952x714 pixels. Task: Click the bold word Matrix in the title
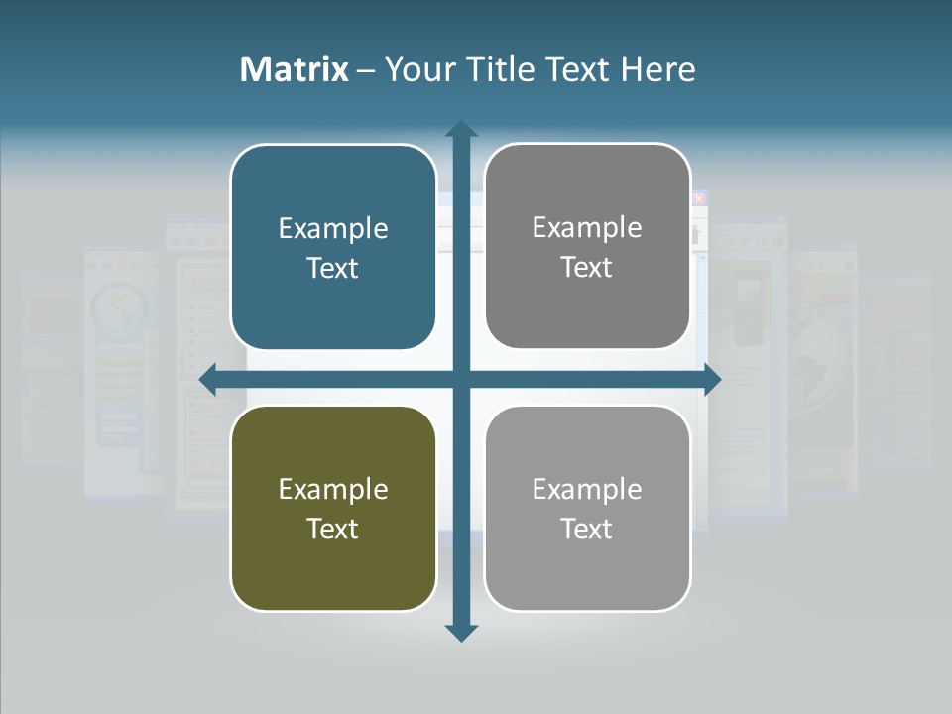pos(295,69)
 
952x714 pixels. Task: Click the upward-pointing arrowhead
pos(461,130)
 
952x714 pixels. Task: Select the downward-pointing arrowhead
pos(461,632)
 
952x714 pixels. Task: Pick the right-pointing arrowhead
pos(711,380)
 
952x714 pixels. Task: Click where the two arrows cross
pos(461,380)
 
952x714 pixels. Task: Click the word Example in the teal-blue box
pos(333,228)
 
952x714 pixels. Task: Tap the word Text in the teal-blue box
pos(333,268)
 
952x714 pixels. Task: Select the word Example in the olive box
pos(333,489)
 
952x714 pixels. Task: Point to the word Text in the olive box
pos(333,529)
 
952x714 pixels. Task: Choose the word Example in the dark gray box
pos(587,227)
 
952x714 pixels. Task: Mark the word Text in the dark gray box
pos(587,267)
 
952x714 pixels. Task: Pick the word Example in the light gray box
pos(587,489)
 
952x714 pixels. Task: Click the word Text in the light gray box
pos(587,529)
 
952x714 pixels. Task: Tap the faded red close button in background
pos(699,198)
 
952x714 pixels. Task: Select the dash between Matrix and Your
pos(366,70)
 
